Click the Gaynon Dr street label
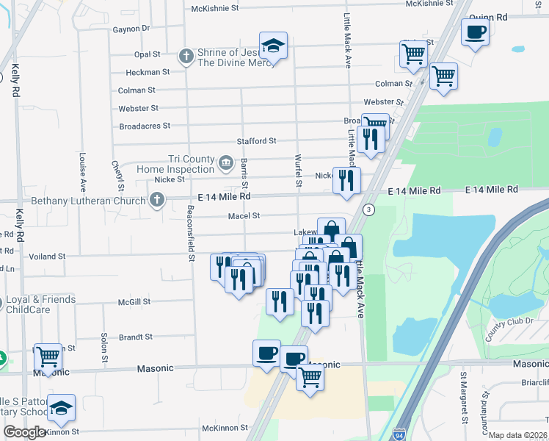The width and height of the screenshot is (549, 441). point(131,29)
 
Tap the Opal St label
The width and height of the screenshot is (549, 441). point(147,54)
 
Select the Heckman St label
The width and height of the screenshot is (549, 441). point(148,72)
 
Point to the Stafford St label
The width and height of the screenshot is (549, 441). point(255,140)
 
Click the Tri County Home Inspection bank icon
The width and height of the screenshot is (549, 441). point(226,161)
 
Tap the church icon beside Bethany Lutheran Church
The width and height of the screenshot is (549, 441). point(156,199)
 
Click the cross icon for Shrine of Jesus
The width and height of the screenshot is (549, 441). point(186,55)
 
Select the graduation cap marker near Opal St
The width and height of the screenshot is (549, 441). point(273,46)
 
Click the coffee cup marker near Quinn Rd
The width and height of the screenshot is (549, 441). point(475,32)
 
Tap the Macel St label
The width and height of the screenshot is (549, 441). point(244,216)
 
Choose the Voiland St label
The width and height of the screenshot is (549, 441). point(46,257)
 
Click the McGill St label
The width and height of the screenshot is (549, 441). point(134,301)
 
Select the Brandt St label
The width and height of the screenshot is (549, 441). point(135,337)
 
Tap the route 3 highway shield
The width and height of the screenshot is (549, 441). point(369,210)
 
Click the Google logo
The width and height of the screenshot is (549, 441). point(24,432)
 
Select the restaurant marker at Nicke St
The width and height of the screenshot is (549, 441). point(346,180)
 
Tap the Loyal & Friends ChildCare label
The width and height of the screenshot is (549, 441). point(40,304)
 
